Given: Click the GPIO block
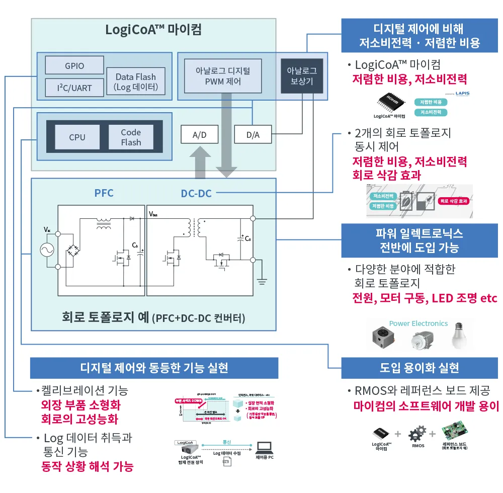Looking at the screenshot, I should pyautogui.click(x=74, y=66).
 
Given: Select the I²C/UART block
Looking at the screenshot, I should pyautogui.click(x=74, y=88).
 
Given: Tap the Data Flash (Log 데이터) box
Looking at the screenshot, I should pyautogui.click(x=136, y=82).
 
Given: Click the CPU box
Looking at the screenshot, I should pyautogui.click(x=77, y=137).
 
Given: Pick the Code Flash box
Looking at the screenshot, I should pyautogui.click(x=131, y=137).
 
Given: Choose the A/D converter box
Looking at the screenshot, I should pyautogui.click(x=199, y=135).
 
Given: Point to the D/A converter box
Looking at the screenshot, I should pyautogui.click(x=253, y=135).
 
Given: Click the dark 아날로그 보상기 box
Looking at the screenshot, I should pyautogui.click(x=302, y=75).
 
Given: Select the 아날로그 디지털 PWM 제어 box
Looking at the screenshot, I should pyautogui.click(x=222, y=75).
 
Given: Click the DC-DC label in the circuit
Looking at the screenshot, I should pyautogui.click(x=196, y=193).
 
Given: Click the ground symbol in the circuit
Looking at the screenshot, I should pyautogui.click(x=263, y=282).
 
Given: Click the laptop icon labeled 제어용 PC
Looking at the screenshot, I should pyautogui.click(x=264, y=447).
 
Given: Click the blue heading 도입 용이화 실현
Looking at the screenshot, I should pyautogui.click(x=419, y=368).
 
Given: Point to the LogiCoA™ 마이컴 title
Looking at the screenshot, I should pyautogui.click(x=153, y=30).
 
